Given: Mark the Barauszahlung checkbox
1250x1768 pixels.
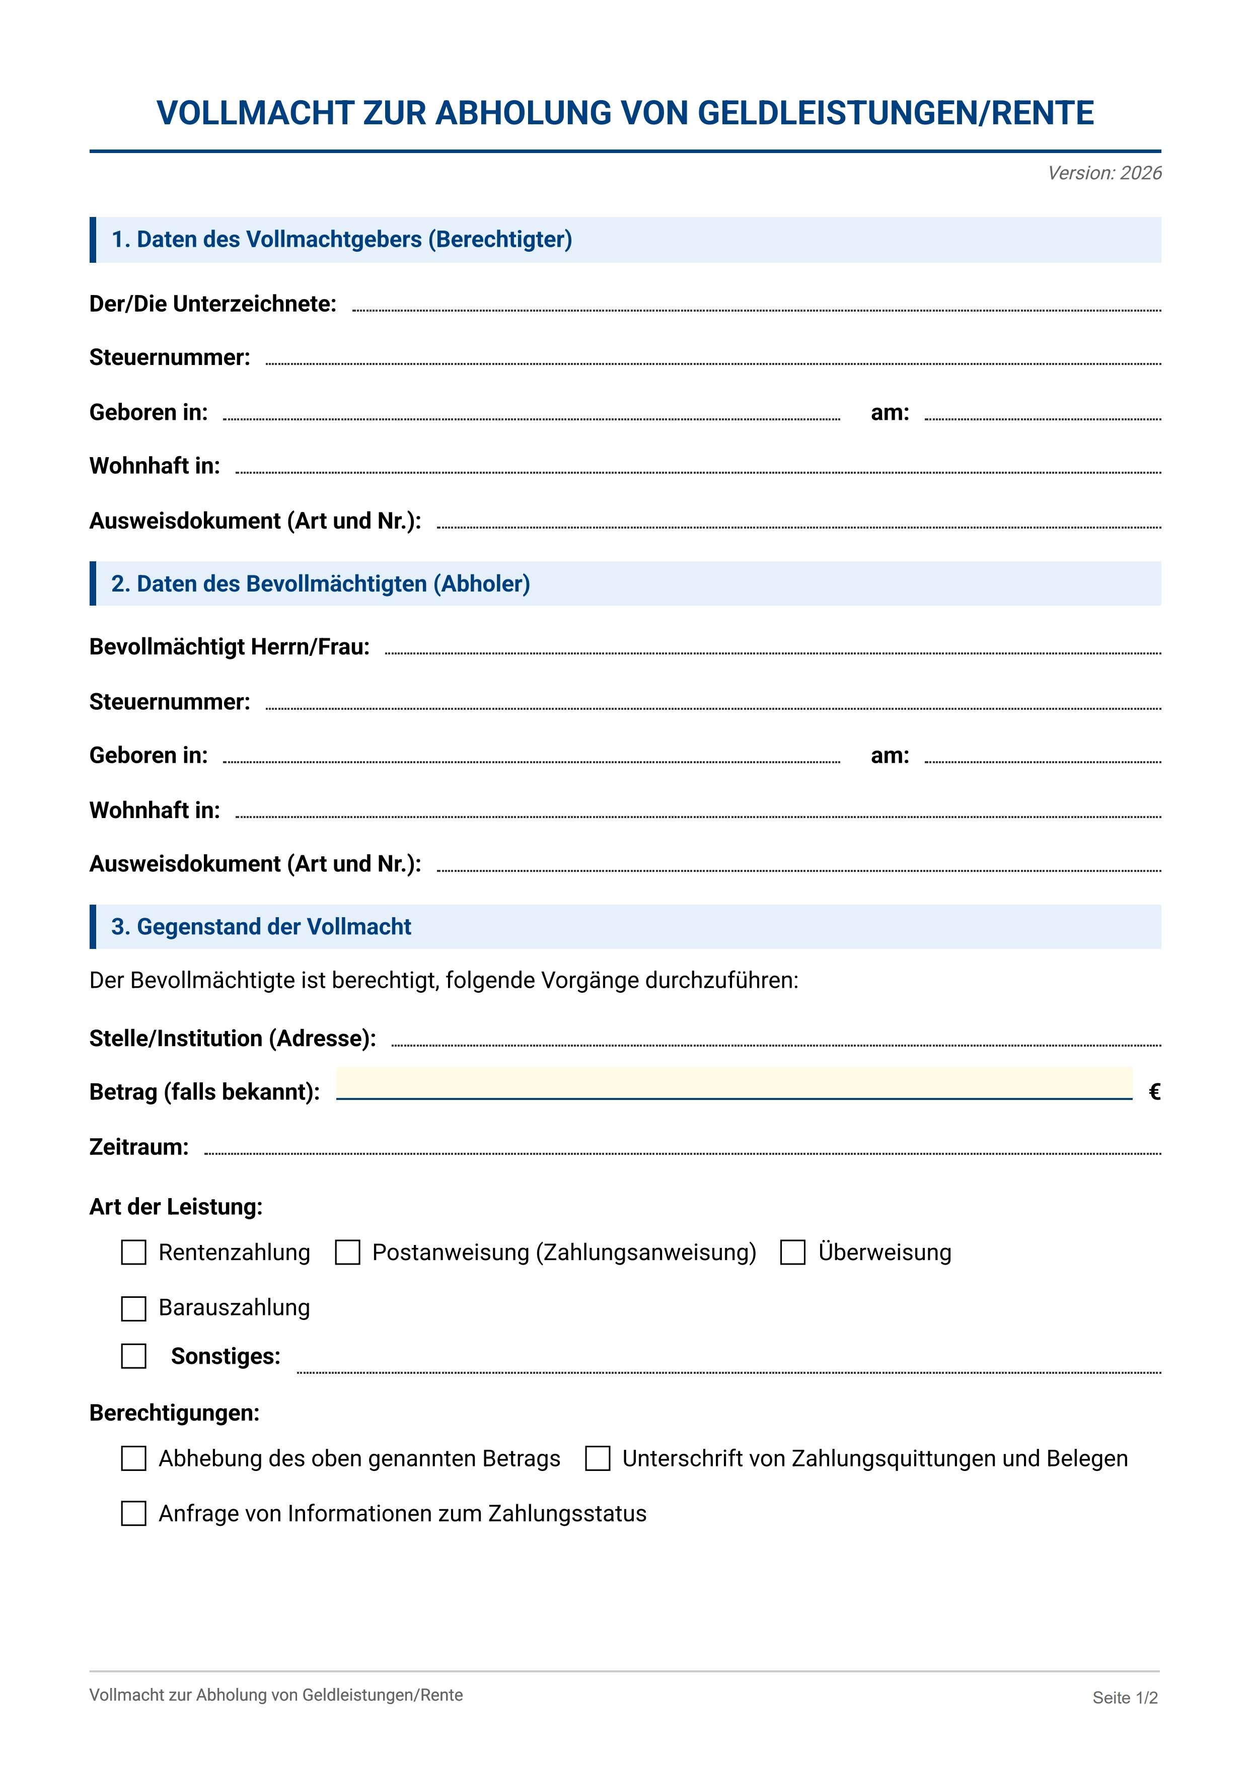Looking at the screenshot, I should coord(134,1308).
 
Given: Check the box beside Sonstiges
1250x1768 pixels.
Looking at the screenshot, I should coord(134,1356).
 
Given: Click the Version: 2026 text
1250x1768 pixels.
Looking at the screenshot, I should coord(1104,173).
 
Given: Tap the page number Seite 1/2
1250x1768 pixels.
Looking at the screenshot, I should coord(1125,1698).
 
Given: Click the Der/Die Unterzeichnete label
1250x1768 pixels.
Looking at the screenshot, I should coord(212,304).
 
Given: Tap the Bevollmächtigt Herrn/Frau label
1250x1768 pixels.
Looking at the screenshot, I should coord(230,647).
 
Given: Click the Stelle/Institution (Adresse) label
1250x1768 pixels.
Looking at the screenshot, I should coord(233,1039).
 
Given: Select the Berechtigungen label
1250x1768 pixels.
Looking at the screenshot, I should coord(174,1413).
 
